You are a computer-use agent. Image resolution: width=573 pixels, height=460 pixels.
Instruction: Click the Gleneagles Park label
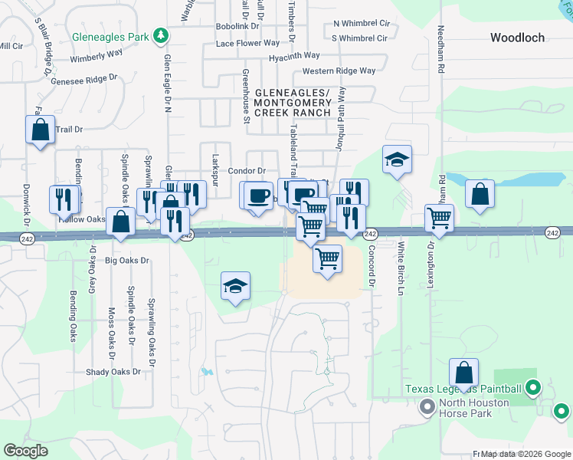(112, 36)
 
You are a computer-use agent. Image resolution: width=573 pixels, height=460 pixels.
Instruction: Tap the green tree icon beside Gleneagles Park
(161, 35)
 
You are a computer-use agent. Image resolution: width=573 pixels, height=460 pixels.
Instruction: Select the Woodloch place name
(518, 37)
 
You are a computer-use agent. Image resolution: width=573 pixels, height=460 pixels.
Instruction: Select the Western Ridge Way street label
(339, 71)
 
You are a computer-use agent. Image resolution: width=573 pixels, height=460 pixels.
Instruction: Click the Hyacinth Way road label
(294, 56)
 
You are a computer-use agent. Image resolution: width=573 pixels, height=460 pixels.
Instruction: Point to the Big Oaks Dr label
(126, 261)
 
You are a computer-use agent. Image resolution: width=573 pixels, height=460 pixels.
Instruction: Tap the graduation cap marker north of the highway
(397, 159)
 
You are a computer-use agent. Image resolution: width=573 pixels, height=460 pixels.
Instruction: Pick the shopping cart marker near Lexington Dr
(439, 218)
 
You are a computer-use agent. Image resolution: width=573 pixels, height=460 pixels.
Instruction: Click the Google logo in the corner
(26, 451)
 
